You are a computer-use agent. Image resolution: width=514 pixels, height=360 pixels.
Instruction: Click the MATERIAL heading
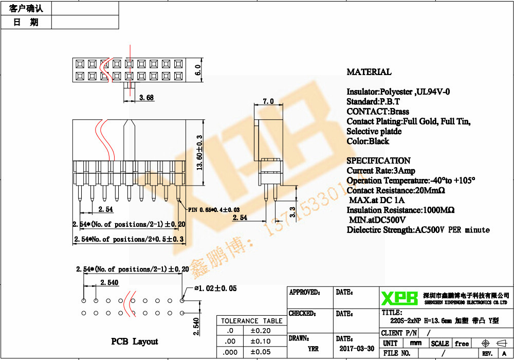tap(369, 72)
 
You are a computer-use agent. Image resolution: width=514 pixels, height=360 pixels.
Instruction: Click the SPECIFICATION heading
tap(378, 160)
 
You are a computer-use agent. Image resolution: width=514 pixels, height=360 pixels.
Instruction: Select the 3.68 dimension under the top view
tap(146, 97)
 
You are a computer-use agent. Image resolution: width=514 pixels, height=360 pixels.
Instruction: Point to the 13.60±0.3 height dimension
tap(199, 153)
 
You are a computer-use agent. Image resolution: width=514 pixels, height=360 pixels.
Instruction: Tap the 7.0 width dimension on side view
tap(268, 102)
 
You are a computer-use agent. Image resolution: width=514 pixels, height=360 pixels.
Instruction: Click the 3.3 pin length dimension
tap(293, 211)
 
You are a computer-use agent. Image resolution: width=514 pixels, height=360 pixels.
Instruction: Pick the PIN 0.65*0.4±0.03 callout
tap(213, 209)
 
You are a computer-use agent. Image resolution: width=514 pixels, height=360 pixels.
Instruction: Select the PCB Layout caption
tap(135, 341)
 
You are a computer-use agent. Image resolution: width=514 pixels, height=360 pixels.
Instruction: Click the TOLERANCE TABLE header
tap(251, 321)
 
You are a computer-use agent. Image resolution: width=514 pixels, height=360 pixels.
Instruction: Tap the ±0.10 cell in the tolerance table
tap(261, 341)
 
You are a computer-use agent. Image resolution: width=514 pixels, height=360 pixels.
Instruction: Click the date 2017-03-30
tap(357, 348)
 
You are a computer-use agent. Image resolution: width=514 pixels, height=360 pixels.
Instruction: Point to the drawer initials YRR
tap(313, 348)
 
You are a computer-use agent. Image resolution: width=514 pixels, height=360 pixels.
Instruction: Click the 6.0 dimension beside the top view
tap(198, 70)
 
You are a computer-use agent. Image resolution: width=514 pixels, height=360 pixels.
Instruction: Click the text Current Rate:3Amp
tap(380, 171)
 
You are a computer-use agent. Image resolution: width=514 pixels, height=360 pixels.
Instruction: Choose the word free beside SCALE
tap(462, 344)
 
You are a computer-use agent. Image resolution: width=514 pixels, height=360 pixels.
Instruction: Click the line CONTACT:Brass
tap(378, 112)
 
